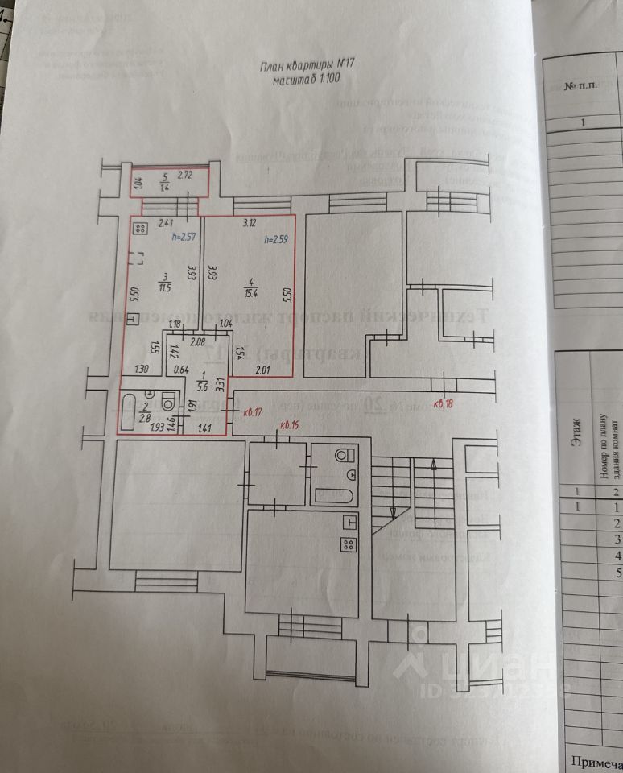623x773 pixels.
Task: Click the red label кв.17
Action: point(252,412)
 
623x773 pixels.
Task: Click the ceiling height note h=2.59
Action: point(276,240)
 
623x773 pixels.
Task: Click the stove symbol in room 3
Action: point(139,229)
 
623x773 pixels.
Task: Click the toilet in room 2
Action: point(168,401)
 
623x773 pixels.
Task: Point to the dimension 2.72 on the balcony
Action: point(185,175)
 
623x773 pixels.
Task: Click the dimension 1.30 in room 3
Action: point(141,370)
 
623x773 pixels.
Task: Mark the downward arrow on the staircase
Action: point(392,511)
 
